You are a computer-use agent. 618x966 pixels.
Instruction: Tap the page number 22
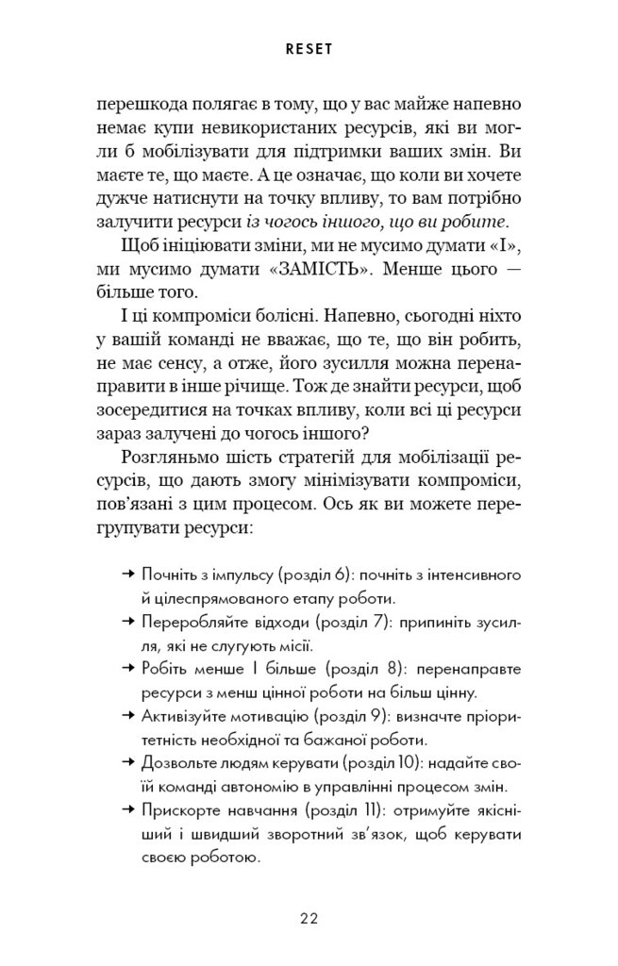[x=309, y=917]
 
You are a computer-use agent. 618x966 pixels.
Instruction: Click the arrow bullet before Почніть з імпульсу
[x=129, y=575]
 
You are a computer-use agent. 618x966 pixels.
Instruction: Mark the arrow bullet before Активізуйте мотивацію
[x=129, y=713]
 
